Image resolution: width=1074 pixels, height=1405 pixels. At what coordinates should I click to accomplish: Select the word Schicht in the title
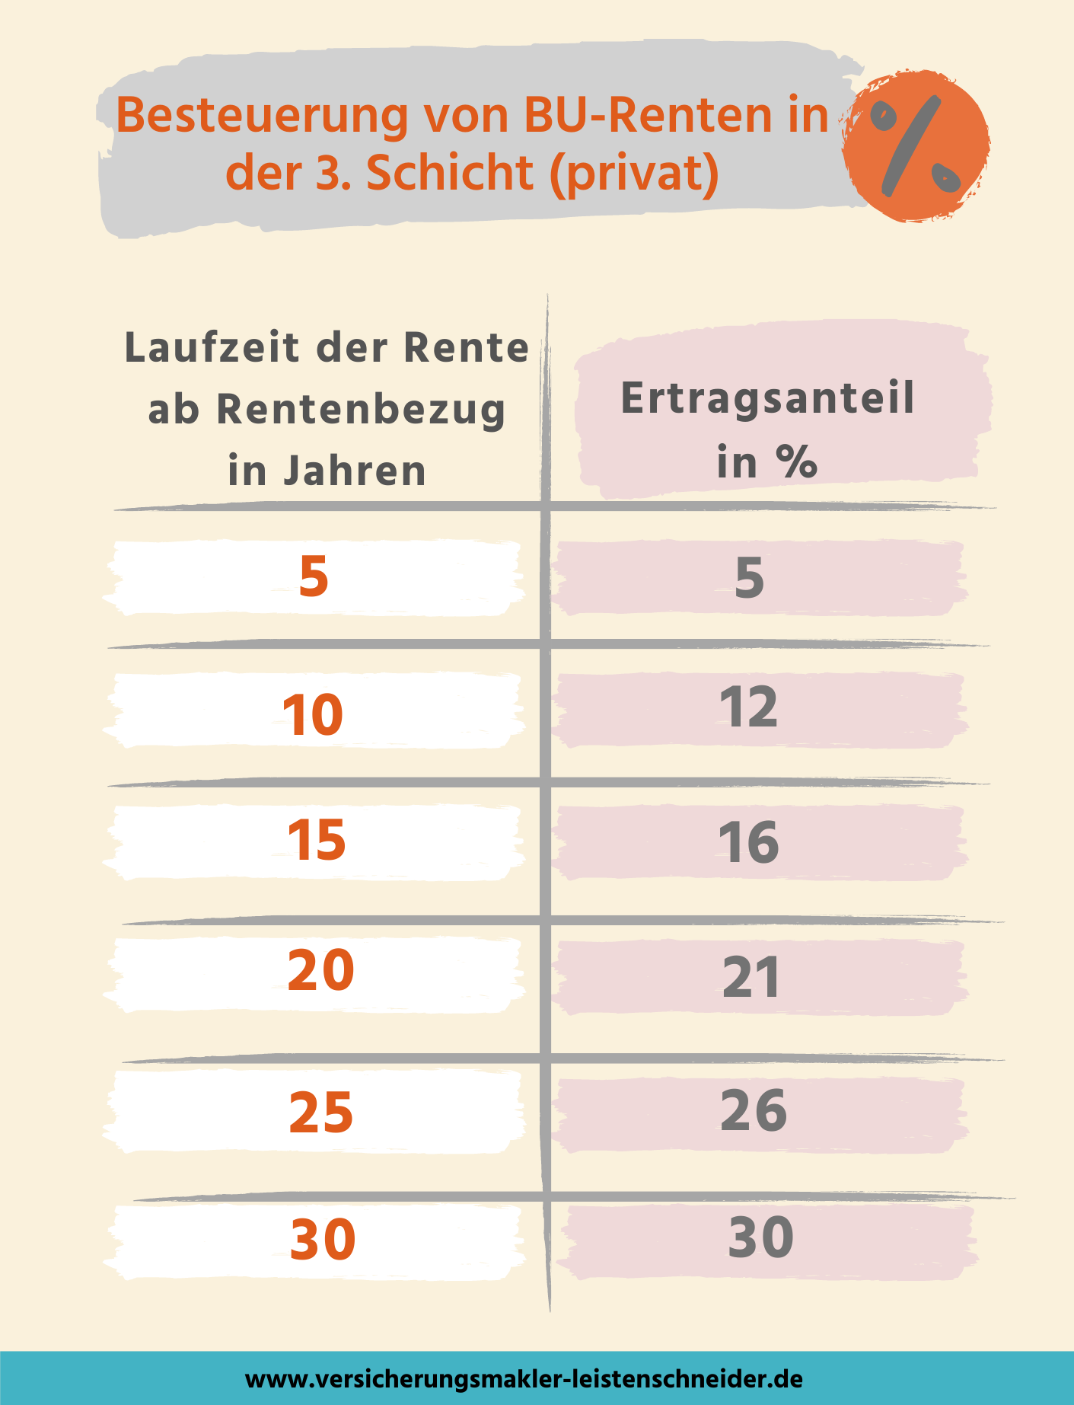pyautogui.click(x=450, y=173)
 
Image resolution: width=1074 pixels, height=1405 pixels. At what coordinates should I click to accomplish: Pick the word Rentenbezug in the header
pyautogui.click(x=361, y=410)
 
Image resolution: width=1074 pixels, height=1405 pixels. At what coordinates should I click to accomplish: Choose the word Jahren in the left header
pyautogui.click(x=355, y=471)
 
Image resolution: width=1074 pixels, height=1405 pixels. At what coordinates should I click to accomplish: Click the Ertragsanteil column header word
pyautogui.click(x=767, y=398)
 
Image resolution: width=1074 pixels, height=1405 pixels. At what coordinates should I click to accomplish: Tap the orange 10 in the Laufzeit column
pyautogui.click(x=313, y=715)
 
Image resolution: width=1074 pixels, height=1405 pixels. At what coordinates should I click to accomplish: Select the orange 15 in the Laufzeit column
pyautogui.click(x=317, y=841)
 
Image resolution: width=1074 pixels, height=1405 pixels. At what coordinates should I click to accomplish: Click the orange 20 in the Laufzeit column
pyautogui.click(x=320, y=971)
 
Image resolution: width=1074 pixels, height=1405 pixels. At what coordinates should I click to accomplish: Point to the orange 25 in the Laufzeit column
pyautogui.click(x=321, y=1113)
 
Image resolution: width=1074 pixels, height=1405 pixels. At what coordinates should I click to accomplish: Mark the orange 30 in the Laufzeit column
pyautogui.click(x=323, y=1239)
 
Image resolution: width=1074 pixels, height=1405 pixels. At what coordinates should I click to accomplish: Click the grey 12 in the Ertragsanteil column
pyautogui.click(x=749, y=707)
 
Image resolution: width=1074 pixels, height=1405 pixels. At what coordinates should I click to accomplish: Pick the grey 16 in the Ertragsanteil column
pyautogui.click(x=749, y=843)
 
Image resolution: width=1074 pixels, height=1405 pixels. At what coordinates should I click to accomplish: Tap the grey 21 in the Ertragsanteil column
pyautogui.click(x=751, y=978)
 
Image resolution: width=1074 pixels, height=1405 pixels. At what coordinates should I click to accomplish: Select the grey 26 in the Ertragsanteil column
pyautogui.click(x=754, y=1110)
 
